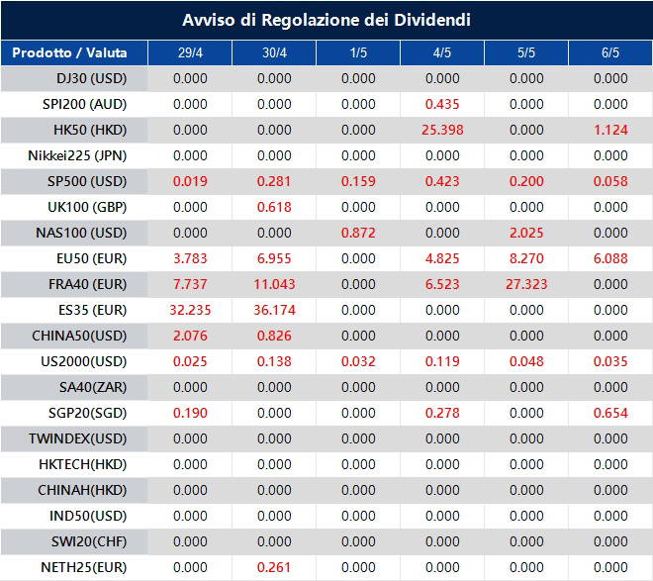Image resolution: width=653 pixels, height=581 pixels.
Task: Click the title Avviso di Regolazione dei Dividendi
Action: [326, 20]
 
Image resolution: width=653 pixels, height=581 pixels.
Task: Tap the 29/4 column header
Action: [190, 52]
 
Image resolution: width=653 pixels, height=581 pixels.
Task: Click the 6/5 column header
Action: [610, 52]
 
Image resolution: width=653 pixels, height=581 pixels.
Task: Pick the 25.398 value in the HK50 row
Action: [442, 130]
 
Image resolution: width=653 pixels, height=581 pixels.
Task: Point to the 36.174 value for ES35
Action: [274, 310]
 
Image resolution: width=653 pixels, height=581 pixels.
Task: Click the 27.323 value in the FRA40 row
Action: [526, 284]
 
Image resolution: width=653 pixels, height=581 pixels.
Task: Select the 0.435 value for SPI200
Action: [442, 104]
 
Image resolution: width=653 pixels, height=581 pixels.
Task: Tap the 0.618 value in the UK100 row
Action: [274, 207]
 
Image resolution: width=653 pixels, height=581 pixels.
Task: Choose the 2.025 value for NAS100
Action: [526, 233]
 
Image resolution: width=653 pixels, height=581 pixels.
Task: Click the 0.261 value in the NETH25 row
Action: [274, 567]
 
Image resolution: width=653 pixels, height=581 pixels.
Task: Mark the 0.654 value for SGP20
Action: [610, 413]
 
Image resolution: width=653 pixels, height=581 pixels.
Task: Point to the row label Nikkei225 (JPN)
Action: [78, 155]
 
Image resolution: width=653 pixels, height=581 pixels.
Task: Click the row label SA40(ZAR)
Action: [78, 387]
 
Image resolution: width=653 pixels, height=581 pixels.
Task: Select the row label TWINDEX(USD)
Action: [78, 438]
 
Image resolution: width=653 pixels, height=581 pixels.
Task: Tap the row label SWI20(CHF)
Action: [78, 541]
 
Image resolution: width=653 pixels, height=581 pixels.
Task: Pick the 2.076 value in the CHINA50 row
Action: [190, 336]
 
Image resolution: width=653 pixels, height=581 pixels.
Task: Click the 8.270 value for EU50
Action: [526, 258]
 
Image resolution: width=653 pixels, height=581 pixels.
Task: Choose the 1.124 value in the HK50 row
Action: [610, 130]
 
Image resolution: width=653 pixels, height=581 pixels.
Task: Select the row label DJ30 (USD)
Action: [78, 78]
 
